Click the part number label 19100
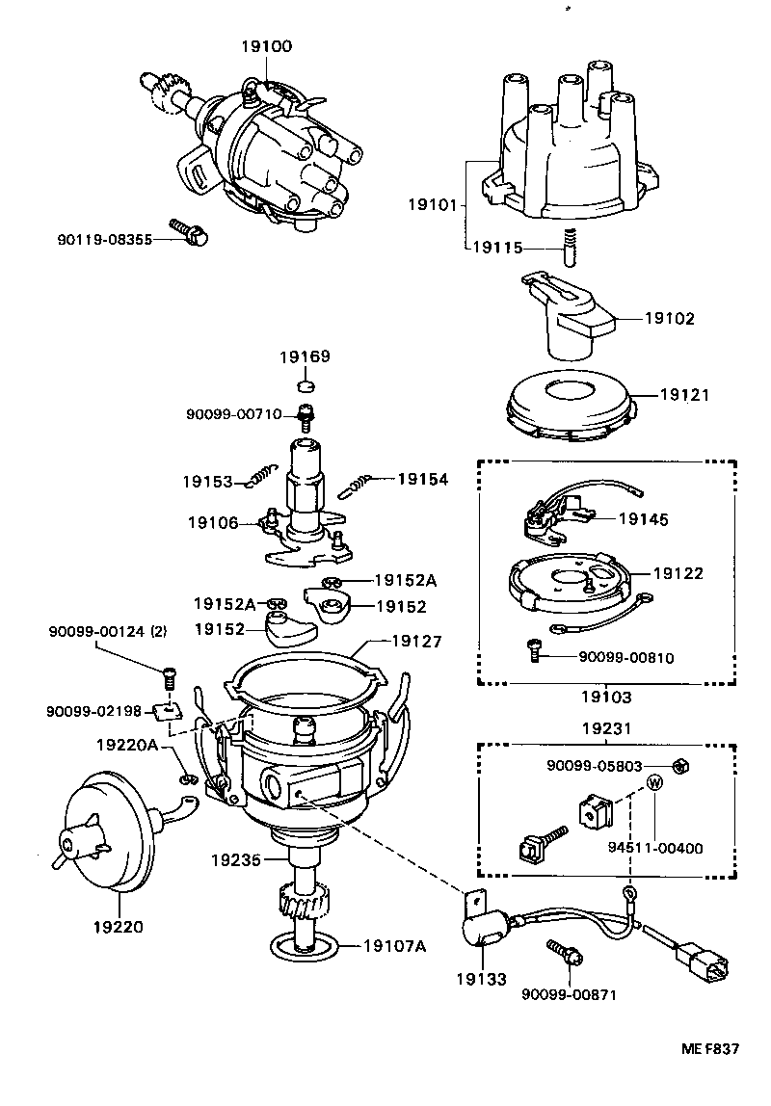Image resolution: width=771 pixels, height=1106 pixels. (269, 46)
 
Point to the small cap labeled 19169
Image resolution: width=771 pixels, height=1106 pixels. (306, 386)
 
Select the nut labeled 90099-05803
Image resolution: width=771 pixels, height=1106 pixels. (677, 765)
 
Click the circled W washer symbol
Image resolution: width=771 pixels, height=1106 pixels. (654, 782)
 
